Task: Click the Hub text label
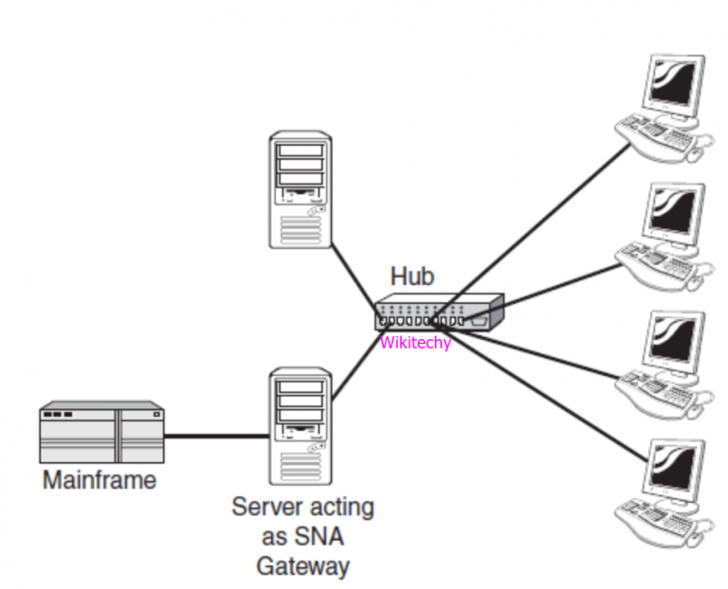[x=412, y=277]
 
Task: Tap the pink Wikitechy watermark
[x=415, y=343]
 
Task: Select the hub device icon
[x=438, y=312]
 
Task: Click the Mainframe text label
[x=100, y=480]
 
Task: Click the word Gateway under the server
[x=302, y=566]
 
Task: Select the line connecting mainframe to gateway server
[x=216, y=436]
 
